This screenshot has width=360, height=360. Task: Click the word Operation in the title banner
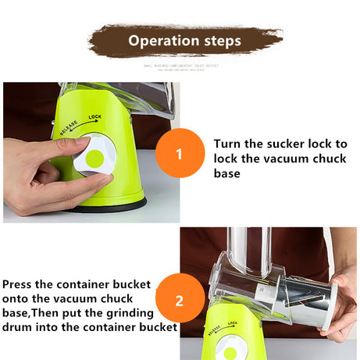click(161, 41)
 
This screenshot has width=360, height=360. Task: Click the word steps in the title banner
click(219, 41)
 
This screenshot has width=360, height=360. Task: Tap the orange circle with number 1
click(179, 153)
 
